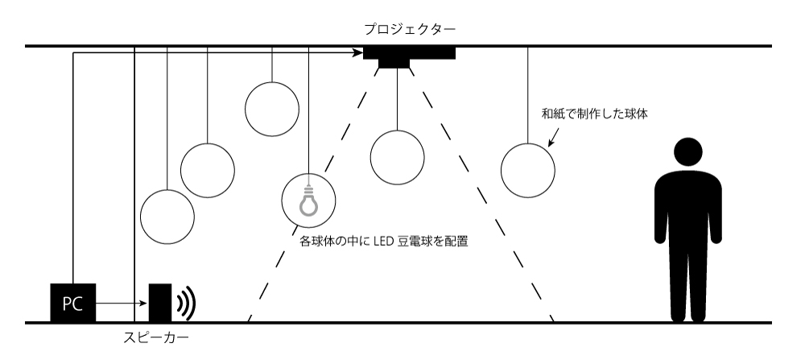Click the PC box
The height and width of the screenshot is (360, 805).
click(73, 303)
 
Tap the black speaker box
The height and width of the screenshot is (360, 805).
click(160, 303)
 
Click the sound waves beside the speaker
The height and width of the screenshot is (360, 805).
click(187, 304)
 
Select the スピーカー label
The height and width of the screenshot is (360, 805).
click(156, 338)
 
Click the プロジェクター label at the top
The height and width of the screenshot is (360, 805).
click(410, 29)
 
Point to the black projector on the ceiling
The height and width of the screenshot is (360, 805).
click(409, 56)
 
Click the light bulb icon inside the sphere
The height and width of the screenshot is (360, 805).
click(308, 201)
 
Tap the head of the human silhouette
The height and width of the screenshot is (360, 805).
click(688, 152)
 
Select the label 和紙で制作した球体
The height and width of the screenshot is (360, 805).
click(595, 114)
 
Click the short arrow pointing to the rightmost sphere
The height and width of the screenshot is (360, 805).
click(554, 138)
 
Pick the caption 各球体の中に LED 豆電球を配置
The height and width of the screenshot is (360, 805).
click(383, 241)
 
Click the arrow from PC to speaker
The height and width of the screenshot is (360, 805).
click(122, 304)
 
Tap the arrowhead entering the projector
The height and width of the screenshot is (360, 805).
click(358, 52)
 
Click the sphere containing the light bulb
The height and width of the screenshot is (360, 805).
click(308, 174)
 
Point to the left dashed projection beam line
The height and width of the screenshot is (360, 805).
click(313, 195)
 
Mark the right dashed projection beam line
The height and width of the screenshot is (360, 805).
click(481, 195)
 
